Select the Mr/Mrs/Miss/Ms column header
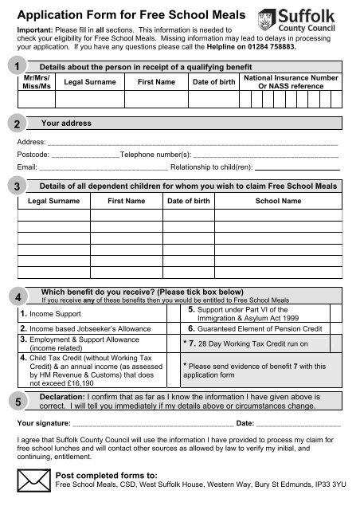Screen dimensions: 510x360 pyautogui.click(x=36, y=82)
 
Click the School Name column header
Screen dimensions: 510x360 pyautogui.click(x=277, y=202)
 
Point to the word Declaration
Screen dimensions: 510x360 pyautogui.click(x=68, y=395)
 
